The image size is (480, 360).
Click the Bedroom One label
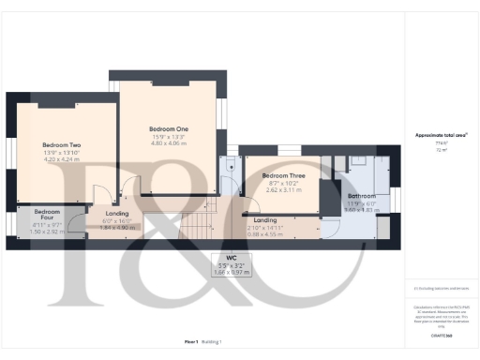[169, 128]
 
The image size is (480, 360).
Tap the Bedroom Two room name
[62, 145]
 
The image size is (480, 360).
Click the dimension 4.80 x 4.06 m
[169, 143]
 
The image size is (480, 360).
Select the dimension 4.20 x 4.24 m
[62, 159]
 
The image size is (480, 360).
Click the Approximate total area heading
[442, 135]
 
